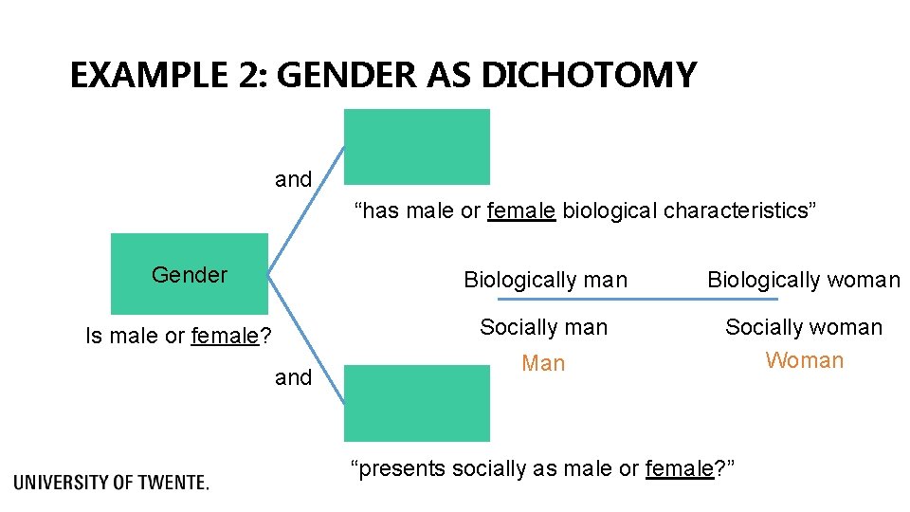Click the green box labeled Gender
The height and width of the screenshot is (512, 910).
click(190, 274)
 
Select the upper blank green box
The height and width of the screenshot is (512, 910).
click(417, 146)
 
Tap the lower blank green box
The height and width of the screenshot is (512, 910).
click(417, 402)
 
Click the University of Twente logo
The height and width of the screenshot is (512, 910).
click(112, 482)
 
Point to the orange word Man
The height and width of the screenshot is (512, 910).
click(543, 363)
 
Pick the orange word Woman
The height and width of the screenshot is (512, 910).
click(805, 360)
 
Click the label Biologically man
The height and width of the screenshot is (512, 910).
click(545, 280)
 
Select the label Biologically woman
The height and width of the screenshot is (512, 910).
click(804, 280)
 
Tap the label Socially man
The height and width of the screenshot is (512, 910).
click(543, 327)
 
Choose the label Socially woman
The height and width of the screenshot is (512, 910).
click(804, 327)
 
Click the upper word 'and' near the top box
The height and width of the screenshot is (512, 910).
click(293, 179)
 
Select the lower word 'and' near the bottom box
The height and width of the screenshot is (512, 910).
click(293, 377)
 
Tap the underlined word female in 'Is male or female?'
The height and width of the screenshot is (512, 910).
click(225, 336)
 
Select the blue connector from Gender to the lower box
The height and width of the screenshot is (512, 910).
click(303, 332)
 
